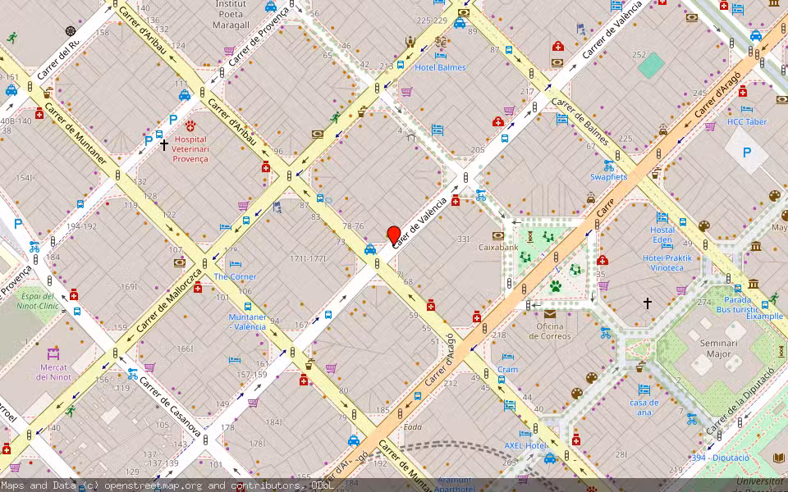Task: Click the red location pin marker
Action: (x=394, y=235)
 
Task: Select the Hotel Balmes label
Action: (x=440, y=67)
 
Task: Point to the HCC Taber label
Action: (x=746, y=122)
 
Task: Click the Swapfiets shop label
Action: (x=608, y=176)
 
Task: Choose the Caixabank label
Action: (x=498, y=247)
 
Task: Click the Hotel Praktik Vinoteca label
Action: (x=667, y=262)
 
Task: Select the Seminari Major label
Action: (x=707, y=349)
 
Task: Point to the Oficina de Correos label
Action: (x=549, y=331)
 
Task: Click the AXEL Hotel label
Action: (x=525, y=445)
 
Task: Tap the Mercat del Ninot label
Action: (x=54, y=372)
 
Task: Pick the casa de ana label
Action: (x=644, y=407)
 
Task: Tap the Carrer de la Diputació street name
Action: (x=741, y=402)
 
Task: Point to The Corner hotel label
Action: (x=235, y=276)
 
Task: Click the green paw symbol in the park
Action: (x=556, y=286)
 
